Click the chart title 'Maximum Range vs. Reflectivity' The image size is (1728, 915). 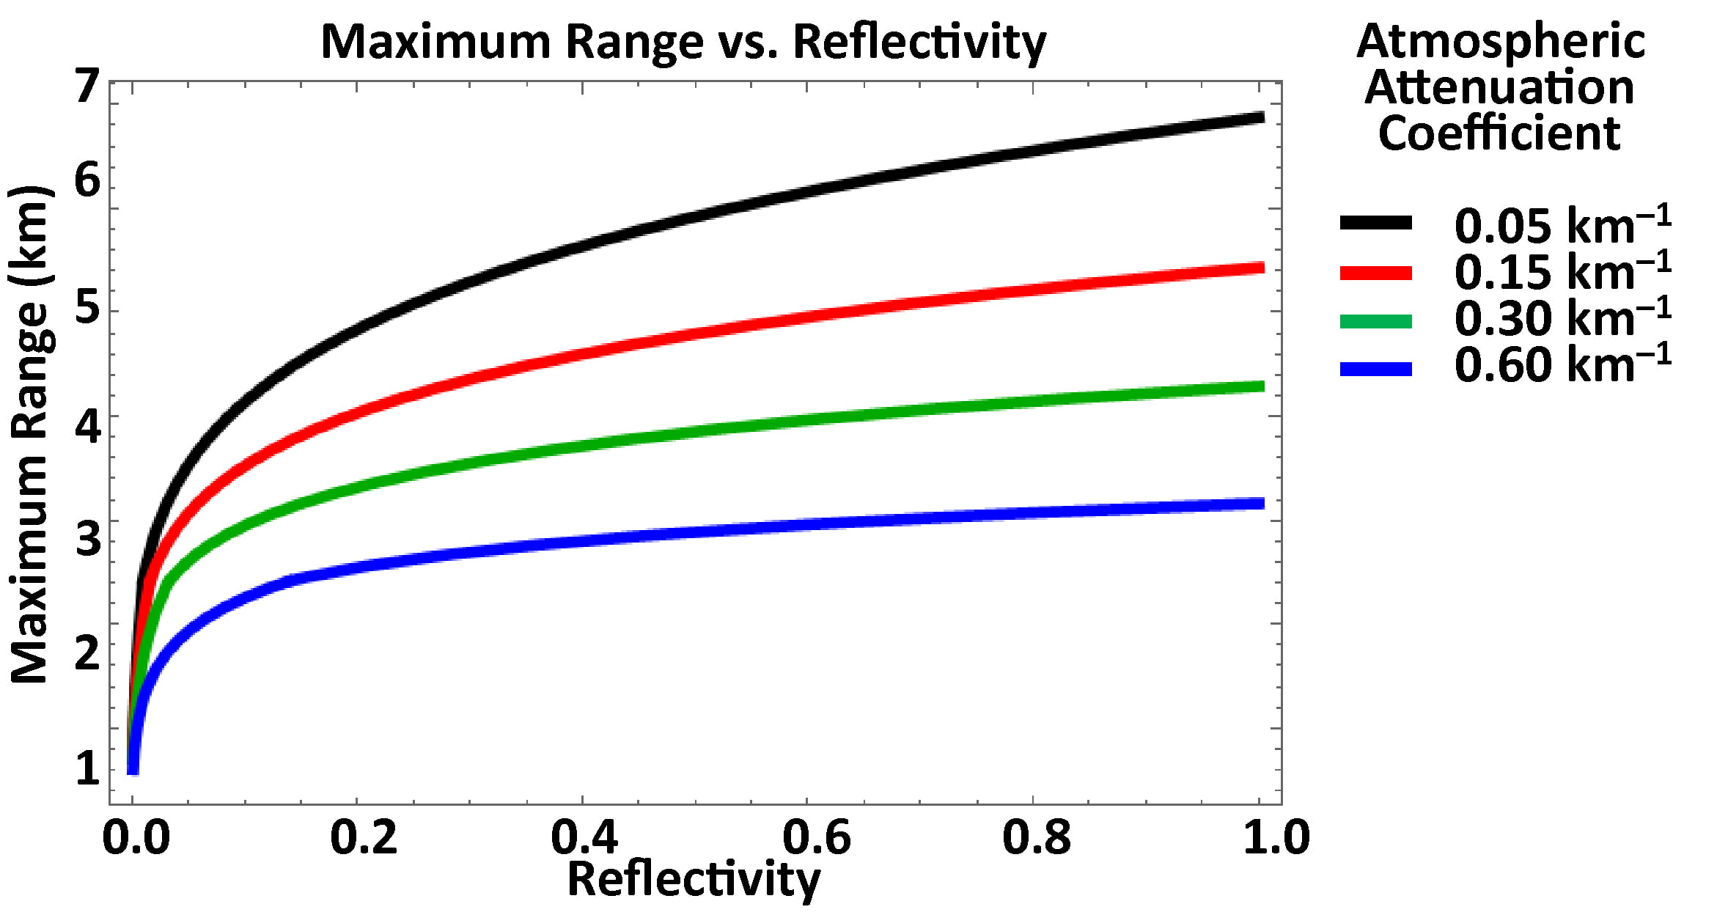[683, 42]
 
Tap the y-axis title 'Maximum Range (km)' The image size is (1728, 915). [29, 435]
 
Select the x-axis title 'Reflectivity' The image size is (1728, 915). [694, 879]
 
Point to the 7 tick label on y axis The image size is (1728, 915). [87, 86]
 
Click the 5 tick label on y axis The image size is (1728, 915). [87, 306]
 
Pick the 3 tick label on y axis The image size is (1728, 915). [87, 538]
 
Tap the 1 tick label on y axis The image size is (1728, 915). [87, 768]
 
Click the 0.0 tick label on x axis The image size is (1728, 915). [136, 837]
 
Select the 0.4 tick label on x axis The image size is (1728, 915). [584, 837]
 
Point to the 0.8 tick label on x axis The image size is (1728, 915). [1035, 837]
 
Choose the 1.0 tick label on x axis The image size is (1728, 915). [1276, 837]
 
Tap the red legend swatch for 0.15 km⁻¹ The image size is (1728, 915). [1375, 273]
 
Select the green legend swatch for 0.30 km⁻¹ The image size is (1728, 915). [1375, 321]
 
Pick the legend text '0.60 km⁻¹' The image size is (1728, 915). [1562, 364]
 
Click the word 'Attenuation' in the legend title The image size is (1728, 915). [1499, 88]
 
